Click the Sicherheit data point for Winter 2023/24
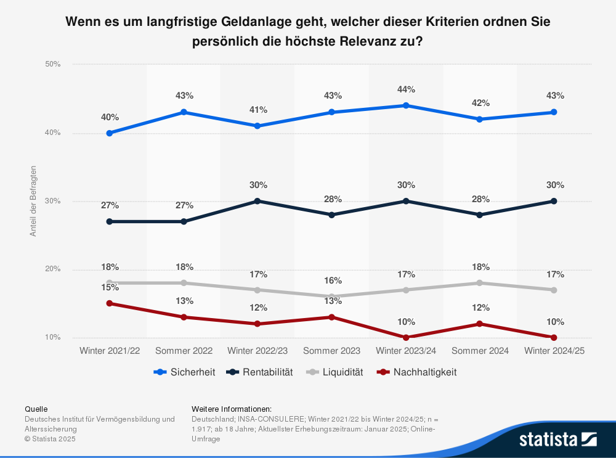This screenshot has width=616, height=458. point(406,105)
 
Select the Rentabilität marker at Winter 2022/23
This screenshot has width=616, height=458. point(257,201)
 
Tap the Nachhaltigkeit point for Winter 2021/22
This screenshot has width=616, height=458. point(110,303)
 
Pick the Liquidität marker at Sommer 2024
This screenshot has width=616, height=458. point(480,283)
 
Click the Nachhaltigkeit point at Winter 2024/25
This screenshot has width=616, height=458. point(554,337)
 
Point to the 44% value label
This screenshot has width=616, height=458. point(406,89)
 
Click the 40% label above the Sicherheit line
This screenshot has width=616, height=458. point(110,117)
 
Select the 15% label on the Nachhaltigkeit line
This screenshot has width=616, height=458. point(110,287)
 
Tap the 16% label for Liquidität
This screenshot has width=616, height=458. point(332,280)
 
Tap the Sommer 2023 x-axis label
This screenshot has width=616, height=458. point(332,351)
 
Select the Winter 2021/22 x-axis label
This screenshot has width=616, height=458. point(110,351)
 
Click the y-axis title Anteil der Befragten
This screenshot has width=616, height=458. point(33,201)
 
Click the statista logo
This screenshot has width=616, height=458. point(557,439)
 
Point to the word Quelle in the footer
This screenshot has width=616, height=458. point(36,409)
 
